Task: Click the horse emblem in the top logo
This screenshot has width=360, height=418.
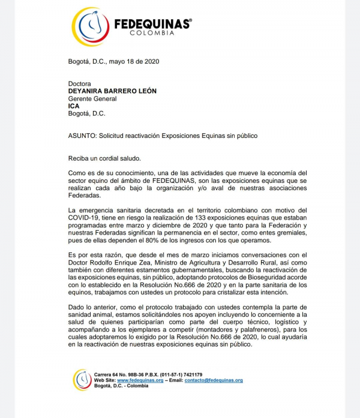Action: pyautogui.click(x=90, y=26)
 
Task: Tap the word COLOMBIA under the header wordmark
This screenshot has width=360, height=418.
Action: pyautogui.click(x=152, y=33)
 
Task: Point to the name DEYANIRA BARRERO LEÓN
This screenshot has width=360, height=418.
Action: pyautogui.click(x=112, y=91)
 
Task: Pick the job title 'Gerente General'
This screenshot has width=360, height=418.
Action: pyautogui.click(x=92, y=99)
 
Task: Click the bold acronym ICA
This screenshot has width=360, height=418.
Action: pyautogui.click(x=74, y=106)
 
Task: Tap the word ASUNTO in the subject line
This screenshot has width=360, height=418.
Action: pyautogui.click(x=84, y=136)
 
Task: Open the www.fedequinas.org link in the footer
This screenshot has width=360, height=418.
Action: pyautogui.click(x=140, y=380)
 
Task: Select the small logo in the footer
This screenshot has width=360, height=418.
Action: pyautogui.click(x=82, y=380)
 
